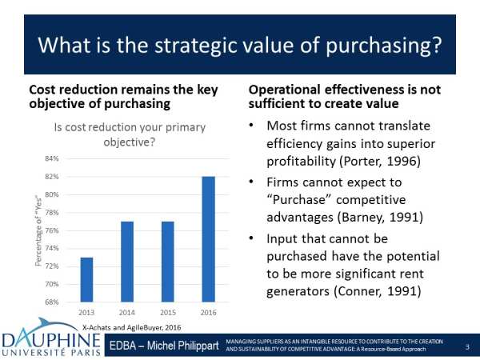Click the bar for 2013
point(86,280)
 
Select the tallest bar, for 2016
point(209,239)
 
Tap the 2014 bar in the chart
point(127,262)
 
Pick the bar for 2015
point(168,262)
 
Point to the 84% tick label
point(52,158)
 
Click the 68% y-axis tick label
point(52,302)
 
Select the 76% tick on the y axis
point(52,230)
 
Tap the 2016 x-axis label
point(209,313)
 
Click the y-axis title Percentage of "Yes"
point(38,230)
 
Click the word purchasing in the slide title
point(378,46)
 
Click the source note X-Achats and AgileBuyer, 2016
point(132,327)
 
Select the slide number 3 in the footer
point(467,347)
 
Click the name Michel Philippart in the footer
point(182,346)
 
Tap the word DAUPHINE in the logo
point(51,340)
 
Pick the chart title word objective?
point(130,142)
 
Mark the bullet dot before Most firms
point(251,126)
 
